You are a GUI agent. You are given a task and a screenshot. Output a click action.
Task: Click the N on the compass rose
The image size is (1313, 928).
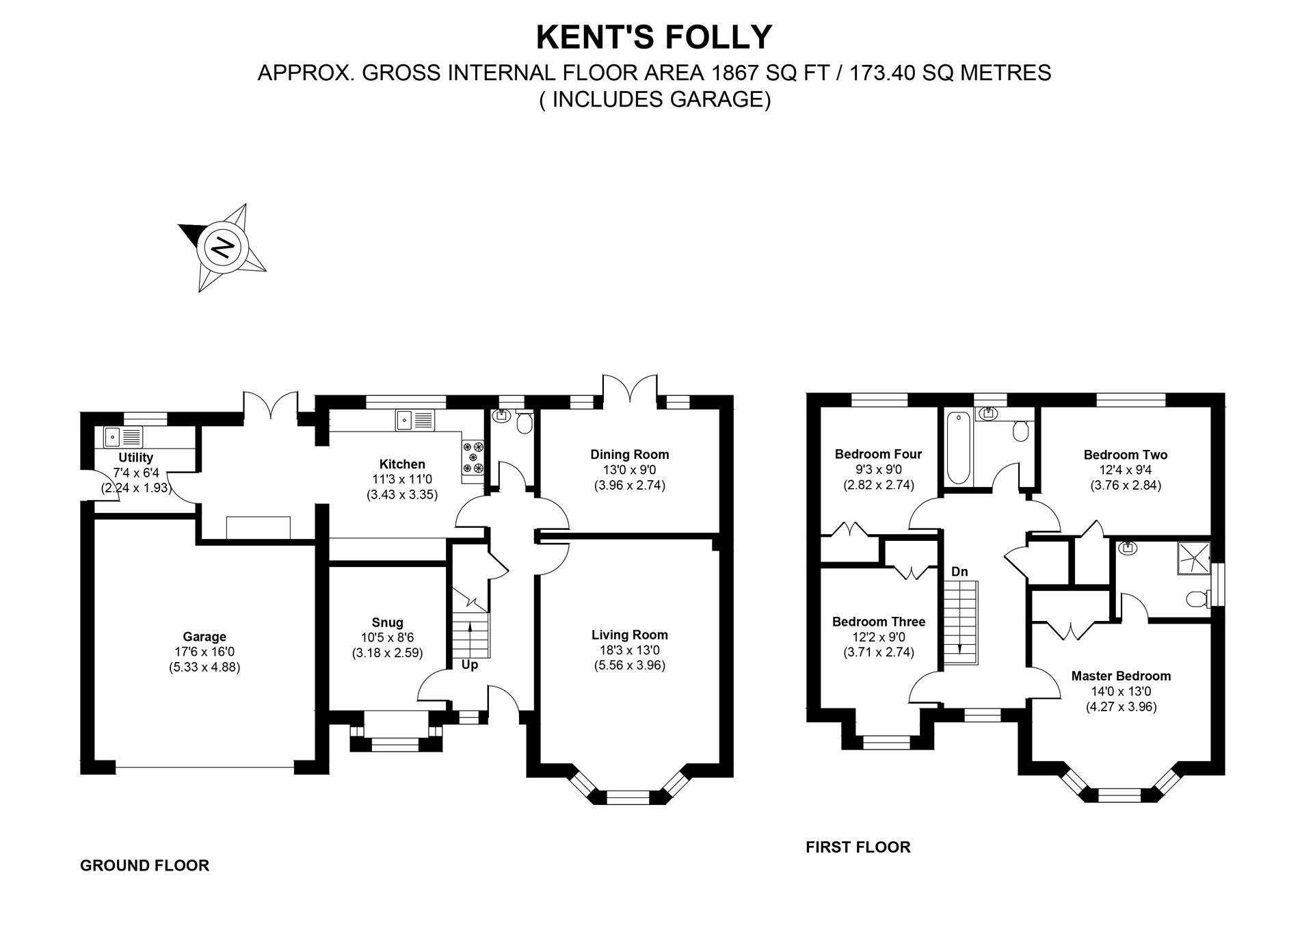click(x=222, y=246)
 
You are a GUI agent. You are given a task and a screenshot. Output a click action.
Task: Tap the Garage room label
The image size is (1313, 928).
click(x=204, y=637)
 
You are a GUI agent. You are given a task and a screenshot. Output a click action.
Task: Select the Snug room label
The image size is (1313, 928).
click(x=387, y=622)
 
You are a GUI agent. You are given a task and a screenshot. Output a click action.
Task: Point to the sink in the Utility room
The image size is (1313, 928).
click(x=124, y=436)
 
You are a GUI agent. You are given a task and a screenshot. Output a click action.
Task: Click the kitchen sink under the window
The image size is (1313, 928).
click(x=414, y=419)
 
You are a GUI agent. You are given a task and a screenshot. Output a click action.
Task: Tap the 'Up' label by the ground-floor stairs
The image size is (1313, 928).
click(x=469, y=665)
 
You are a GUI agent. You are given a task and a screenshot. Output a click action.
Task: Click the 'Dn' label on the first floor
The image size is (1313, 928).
click(x=959, y=571)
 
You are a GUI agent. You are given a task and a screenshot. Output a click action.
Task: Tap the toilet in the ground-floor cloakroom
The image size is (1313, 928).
click(x=525, y=424)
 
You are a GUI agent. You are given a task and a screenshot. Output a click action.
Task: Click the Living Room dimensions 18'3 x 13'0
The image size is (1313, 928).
click(x=629, y=650)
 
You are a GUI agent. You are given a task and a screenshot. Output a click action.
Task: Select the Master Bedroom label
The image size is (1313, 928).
click(x=1121, y=676)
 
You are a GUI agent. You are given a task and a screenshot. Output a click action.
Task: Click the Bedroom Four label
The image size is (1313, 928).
click(x=878, y=454)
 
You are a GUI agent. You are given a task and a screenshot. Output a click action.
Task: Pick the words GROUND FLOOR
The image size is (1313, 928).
click(x=144, y=866)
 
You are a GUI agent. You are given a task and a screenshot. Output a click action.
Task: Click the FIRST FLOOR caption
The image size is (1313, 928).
click(x=858, y=847)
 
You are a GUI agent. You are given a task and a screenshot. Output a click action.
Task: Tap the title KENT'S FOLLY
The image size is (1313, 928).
click(x=654, y=37)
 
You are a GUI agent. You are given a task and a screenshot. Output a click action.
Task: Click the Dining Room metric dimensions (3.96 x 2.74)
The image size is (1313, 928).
click(x=629, y=485)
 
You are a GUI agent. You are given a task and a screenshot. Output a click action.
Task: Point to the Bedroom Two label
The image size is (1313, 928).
click(x=1125, y=455)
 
